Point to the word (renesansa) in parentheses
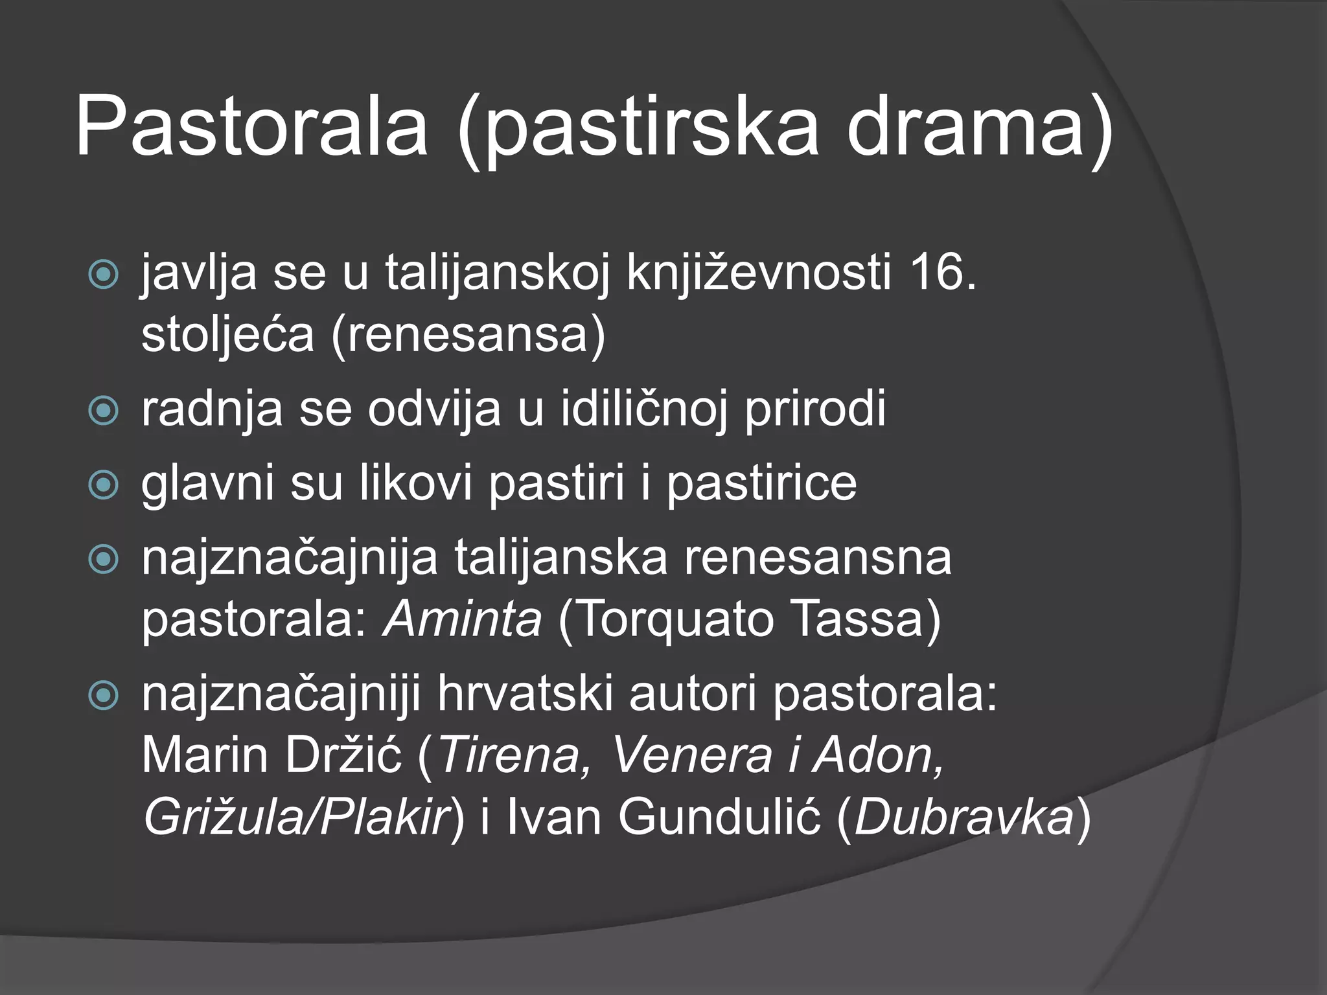(468, 334)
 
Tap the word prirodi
(815, 410)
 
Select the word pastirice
(762, 483)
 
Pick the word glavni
(207, 483)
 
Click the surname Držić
(343, 755)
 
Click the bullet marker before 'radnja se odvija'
(103, 411)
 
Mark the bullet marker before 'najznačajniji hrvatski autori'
(103, 696)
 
